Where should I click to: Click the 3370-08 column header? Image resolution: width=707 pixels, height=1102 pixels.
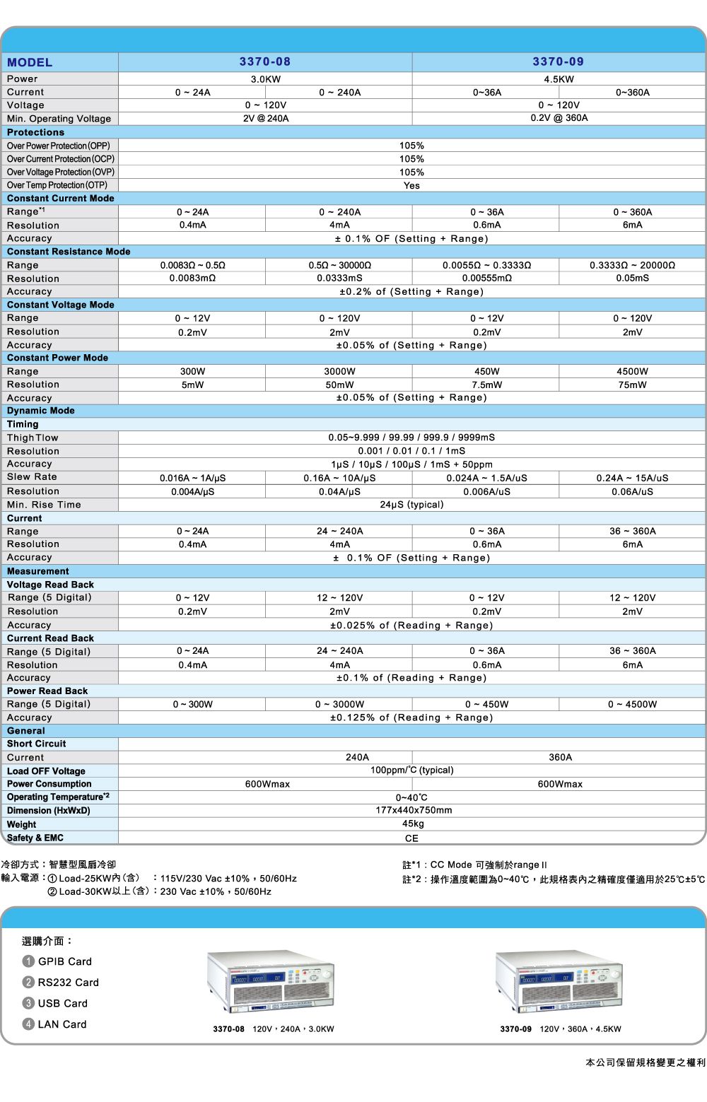[x=265, y=62]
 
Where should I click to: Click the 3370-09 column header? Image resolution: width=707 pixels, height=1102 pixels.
[x=559, y=62]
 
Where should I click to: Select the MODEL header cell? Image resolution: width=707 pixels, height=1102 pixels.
[x=30, y=63]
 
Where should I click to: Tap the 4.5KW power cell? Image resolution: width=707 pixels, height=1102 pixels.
[x=559, y=79]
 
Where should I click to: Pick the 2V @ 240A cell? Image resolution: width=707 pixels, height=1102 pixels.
[x=266, y=119]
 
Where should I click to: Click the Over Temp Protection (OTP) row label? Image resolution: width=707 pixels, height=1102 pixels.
[x=57, y=185]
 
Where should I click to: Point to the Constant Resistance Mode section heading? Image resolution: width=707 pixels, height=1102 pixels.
[x=69, y=252]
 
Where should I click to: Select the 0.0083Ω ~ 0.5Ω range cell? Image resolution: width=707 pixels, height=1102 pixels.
[x=192, y=265]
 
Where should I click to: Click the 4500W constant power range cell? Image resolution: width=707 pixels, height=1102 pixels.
[x=632, y=372]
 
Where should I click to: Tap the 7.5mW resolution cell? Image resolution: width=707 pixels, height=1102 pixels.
[x=487, y=385]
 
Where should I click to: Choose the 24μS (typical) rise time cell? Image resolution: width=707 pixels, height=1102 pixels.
[x=411, y=505]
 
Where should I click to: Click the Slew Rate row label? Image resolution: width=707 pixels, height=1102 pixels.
[x=32, y=477]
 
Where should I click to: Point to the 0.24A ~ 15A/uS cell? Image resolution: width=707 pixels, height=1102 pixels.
[x=632, y=478]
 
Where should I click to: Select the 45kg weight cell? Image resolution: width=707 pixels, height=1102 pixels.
[x=413, y=824]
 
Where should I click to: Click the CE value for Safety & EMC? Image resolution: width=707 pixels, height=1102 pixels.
[x=411, y=838]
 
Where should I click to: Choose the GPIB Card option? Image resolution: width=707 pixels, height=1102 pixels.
[x=64, y=961]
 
